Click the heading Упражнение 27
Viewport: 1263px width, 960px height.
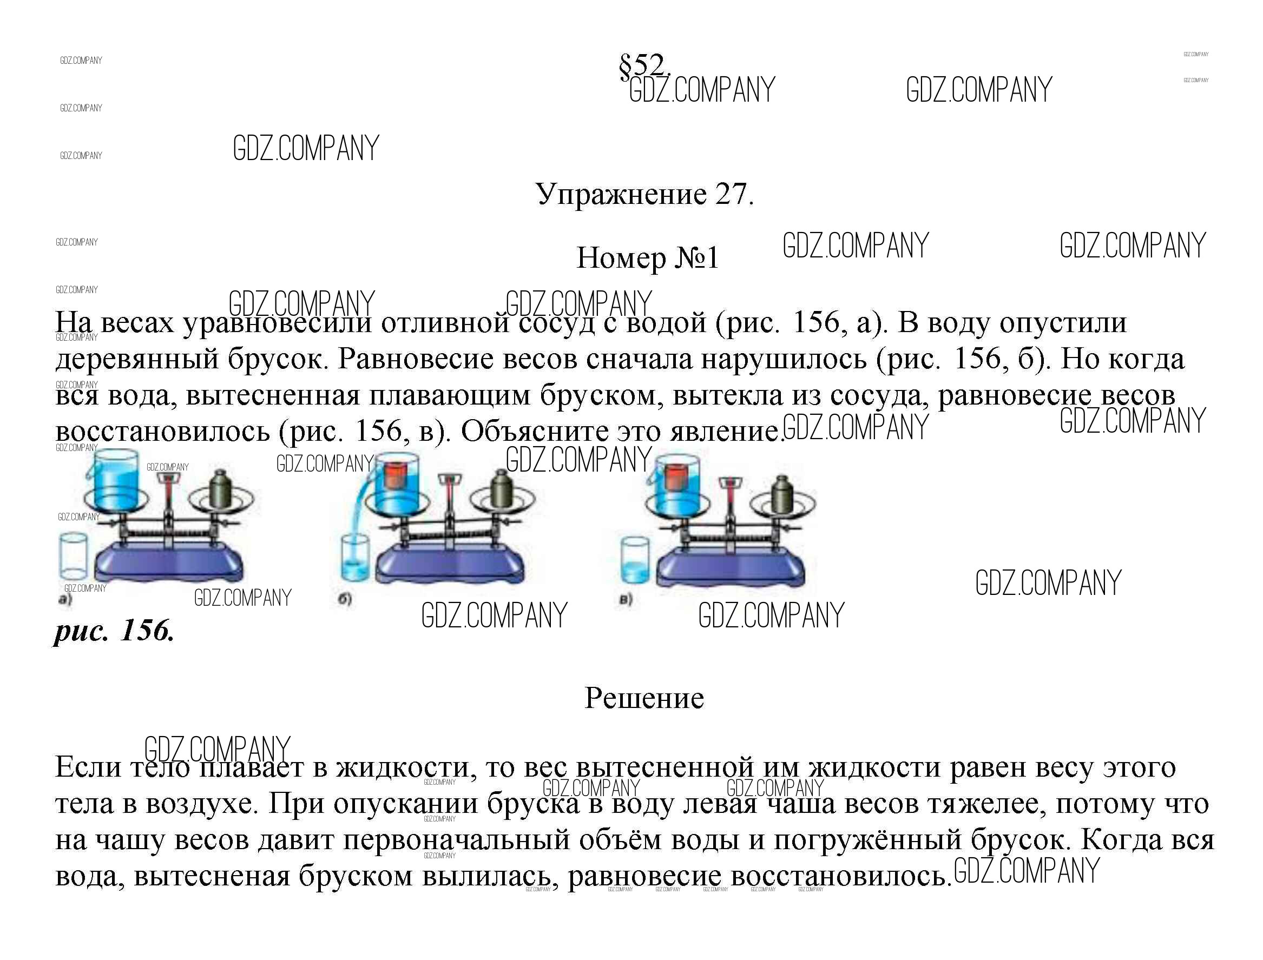point(645,194)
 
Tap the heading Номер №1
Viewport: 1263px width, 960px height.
point(647,258)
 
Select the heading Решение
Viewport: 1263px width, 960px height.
point(644,698)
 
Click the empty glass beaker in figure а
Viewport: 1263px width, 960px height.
point(73,555)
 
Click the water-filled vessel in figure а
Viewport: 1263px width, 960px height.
point(116,479)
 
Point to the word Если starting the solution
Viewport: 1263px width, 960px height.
point(88,766)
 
